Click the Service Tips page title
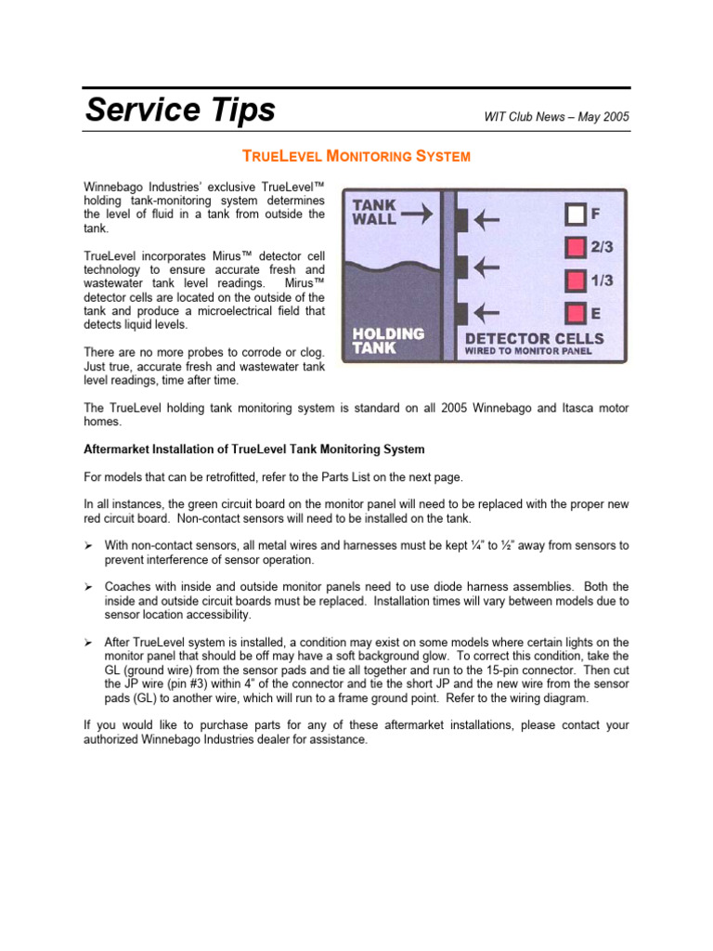point(180,110)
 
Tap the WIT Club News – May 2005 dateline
point(556,117)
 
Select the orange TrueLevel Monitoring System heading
point(356,156)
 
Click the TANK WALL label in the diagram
point(374,213)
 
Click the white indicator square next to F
point(576,215)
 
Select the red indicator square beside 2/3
point(576,248)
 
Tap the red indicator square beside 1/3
point(576,280)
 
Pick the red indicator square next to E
point(576,313)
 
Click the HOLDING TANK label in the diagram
point(388,340)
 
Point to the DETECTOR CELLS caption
point(534,338)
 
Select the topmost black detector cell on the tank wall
point(460,220)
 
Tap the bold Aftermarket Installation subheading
point(254,449)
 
